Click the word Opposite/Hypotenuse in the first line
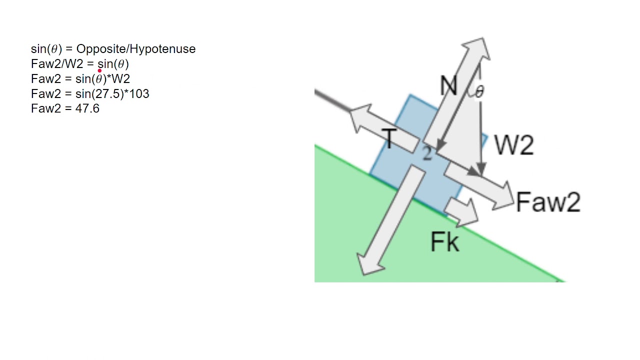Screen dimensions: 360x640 (x=135, y=49)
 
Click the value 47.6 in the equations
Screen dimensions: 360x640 (x=87, y=108)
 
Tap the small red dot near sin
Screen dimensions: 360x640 (x=99, y=71)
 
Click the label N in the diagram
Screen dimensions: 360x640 (x=448, y=86)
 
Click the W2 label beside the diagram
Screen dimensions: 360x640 (x=513, y=145)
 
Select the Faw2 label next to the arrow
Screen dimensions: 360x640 (x=548, y=202)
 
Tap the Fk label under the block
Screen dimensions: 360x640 (x=444, y=242)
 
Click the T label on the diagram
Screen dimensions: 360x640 (x=389, y=138)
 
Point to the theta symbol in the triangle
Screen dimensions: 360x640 (x=479, y=91)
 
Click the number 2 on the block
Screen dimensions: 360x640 (x=426, y=153)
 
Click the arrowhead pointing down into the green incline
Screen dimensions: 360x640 (x=368, y=264)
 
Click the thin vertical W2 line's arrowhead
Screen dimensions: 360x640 (x=481, y=170)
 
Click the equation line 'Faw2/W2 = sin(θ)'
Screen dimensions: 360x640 (x=80, y=64)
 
